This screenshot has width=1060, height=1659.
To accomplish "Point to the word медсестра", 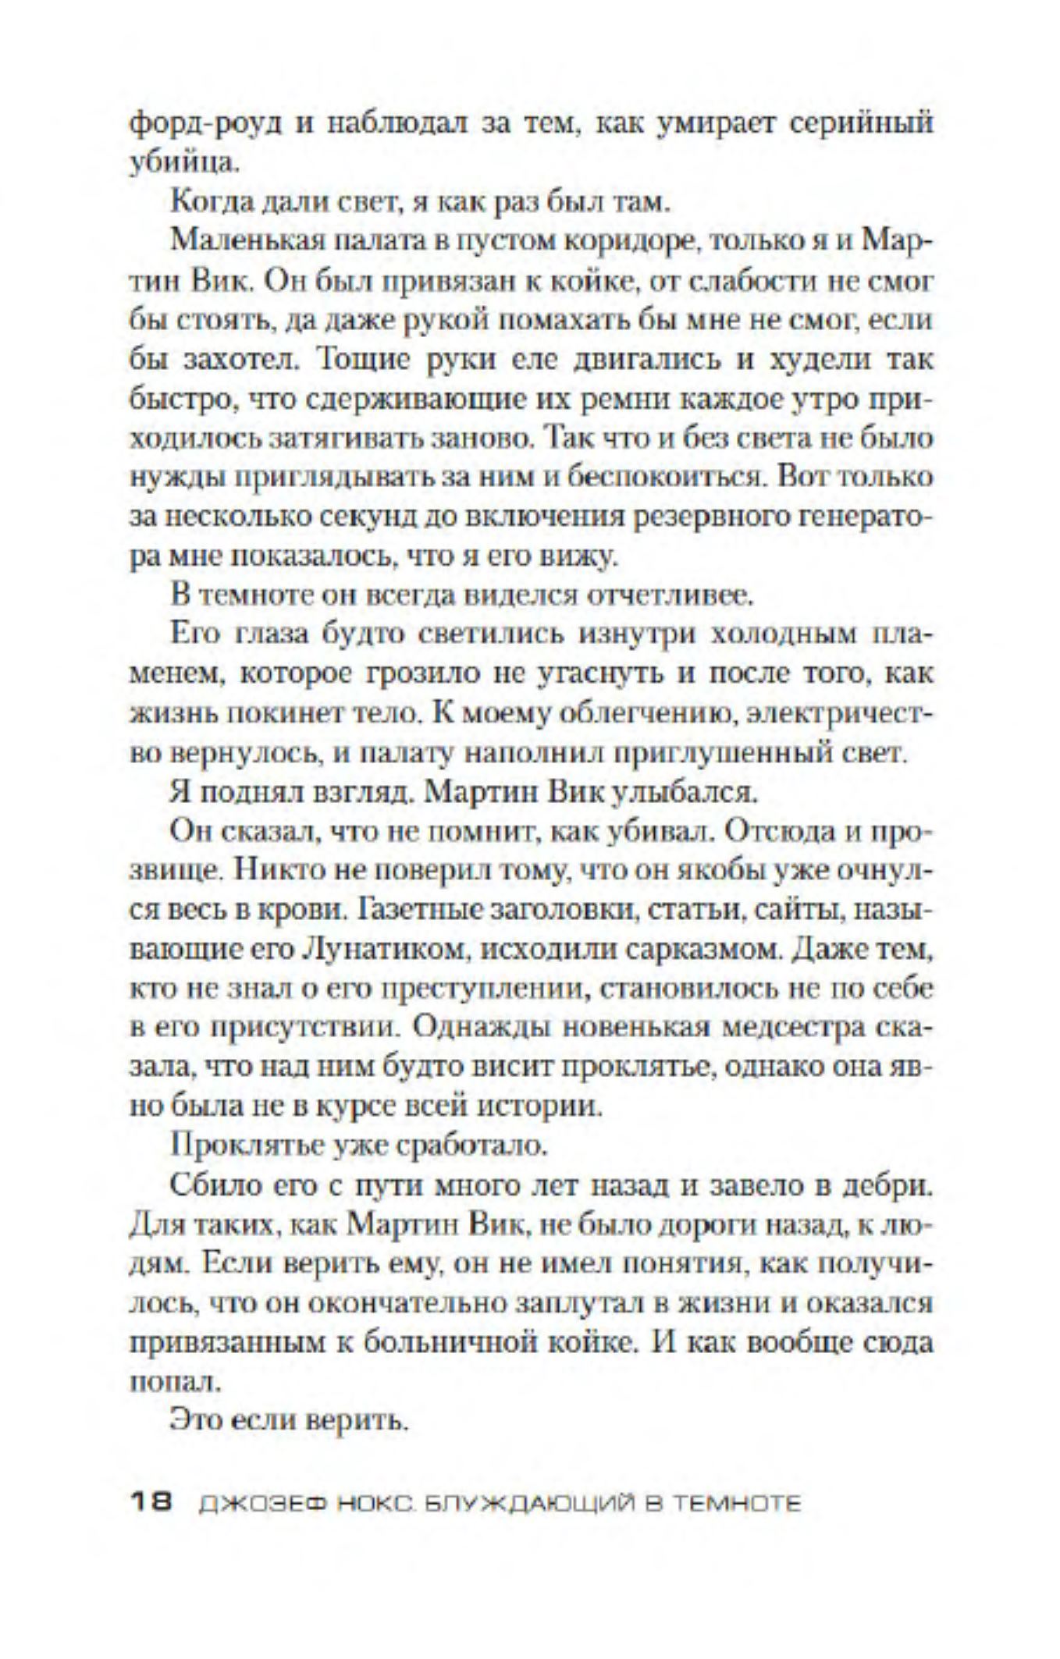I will point(789,1029).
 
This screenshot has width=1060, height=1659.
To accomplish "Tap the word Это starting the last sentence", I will point(193,1423).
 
